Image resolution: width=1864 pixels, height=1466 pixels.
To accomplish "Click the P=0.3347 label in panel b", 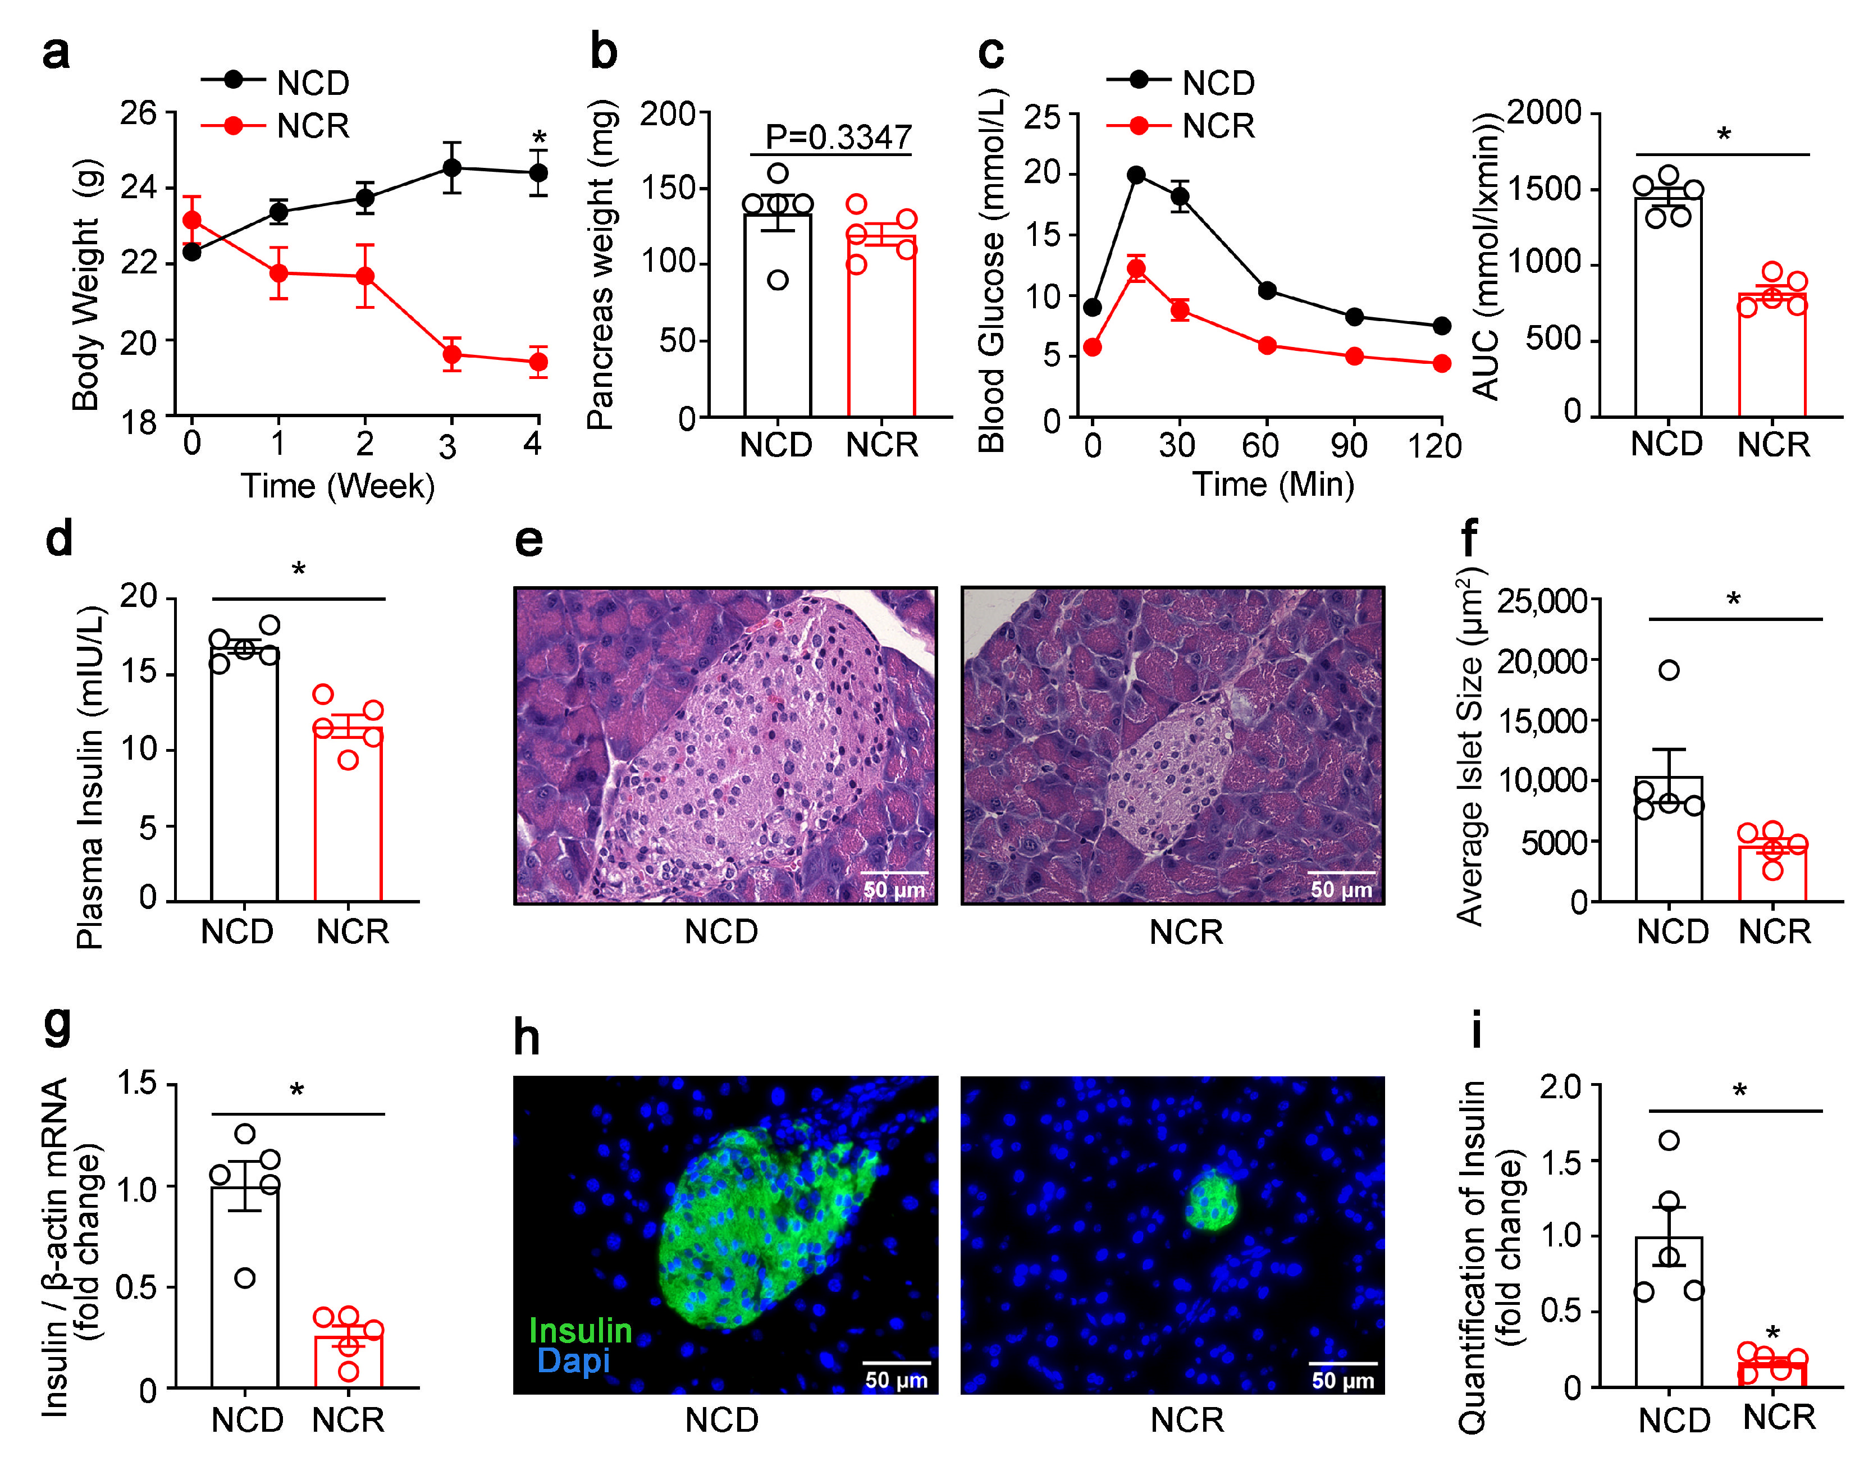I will coord(838,136).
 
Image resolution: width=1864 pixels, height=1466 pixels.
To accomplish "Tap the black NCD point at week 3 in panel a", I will coord(451,167).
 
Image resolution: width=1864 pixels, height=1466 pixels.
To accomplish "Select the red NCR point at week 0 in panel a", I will coord(191,221).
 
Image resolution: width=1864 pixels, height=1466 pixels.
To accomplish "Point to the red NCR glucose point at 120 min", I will coord(1442,364).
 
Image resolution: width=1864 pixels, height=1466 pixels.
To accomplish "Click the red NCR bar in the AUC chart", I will coord(1771,356).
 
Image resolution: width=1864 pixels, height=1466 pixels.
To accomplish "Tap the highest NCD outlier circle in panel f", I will coord(1668,669).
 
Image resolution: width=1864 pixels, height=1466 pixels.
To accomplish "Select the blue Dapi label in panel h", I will coord(573,1361).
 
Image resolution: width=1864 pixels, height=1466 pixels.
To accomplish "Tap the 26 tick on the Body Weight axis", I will coord(138,112).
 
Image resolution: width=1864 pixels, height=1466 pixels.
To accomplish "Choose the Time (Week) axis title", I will coord(337,486).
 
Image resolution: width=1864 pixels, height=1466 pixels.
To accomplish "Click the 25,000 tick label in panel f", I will coord(1541,601).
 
